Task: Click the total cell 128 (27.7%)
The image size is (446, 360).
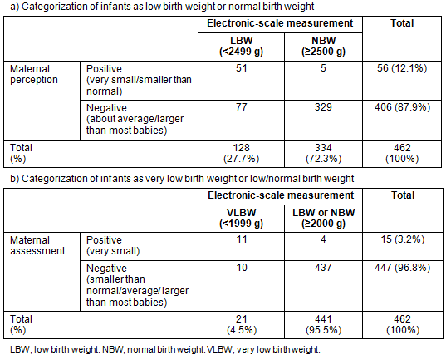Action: coord(241,153)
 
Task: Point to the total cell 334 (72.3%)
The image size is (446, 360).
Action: coord(323,153)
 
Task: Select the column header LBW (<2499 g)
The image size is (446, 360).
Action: coord(241,46)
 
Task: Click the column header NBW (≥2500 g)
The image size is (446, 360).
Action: coord(323,46)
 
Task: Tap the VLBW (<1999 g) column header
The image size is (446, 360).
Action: coord(241,218)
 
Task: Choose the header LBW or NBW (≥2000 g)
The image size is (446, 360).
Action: coord(323,218)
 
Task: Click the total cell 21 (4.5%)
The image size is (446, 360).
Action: coord(242,325)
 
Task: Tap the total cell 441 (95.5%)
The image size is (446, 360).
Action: coord(323,325)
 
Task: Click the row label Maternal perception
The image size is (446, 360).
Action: coord(34,74)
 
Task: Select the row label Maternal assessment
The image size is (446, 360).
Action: coord(37,245)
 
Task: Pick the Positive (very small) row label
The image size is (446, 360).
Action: coord(113,245)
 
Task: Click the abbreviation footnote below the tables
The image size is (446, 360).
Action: coord(165,349)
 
